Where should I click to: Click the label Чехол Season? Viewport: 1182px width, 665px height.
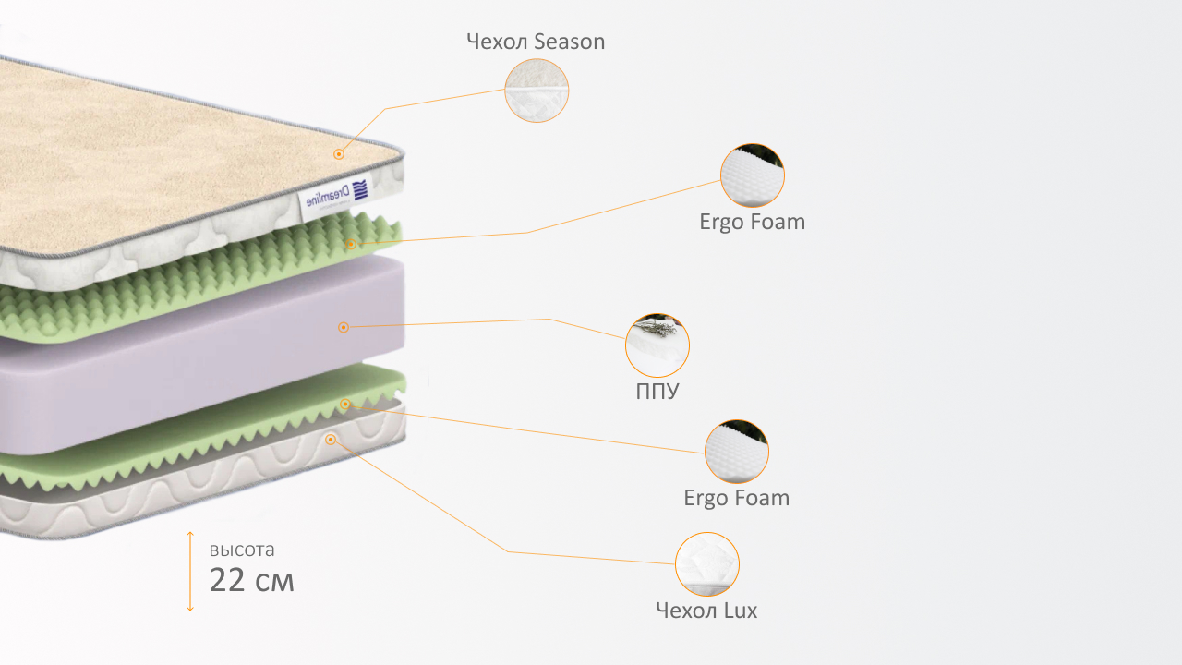536,42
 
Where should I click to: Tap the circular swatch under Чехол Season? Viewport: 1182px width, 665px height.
537,91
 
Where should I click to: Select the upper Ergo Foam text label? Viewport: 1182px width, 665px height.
752,222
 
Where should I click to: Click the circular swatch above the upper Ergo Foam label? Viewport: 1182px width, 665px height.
753,175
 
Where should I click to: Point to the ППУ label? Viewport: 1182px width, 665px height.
657,391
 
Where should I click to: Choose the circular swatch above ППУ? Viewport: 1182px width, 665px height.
657,345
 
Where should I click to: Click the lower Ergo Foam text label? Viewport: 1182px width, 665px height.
736,498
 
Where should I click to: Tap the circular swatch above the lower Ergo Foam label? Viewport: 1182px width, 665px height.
737,452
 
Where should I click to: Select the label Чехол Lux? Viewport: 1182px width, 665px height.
706,611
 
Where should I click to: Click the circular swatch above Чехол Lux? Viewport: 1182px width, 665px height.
707,564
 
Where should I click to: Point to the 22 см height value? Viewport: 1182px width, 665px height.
252,581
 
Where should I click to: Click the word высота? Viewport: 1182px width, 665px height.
242,550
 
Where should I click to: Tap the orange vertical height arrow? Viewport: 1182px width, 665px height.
190,571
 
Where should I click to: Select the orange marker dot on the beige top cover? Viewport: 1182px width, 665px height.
339,154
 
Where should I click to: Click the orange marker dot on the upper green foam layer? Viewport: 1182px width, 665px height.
351,244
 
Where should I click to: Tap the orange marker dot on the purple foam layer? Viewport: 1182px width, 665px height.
344,327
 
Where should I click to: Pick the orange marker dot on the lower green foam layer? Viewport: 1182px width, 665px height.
345,404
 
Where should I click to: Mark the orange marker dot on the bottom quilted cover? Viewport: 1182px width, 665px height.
331,440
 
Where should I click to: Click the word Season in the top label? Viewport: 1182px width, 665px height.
569,42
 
